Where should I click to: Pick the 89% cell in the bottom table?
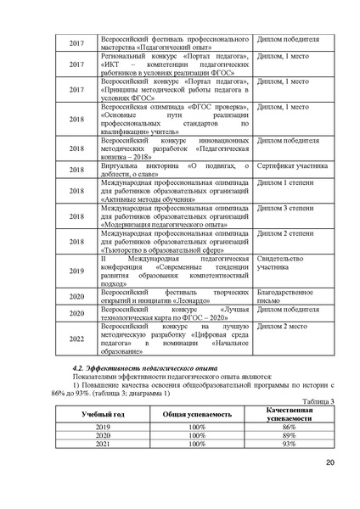[289, 433]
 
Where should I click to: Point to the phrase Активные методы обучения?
[146, 198]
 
